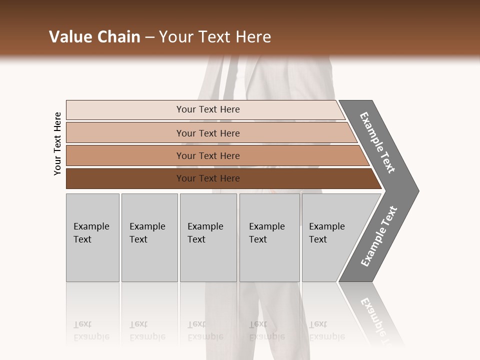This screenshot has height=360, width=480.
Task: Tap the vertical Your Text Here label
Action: [57, 143]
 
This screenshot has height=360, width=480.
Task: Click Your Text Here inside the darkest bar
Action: [208, 178]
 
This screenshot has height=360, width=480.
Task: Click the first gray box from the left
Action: [92, 237]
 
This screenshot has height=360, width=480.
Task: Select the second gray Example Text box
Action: [149, 237]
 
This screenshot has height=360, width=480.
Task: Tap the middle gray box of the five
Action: [208, 237]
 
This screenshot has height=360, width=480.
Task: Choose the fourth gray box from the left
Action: [269, 237]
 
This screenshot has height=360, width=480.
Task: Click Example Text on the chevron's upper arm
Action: [378, 142]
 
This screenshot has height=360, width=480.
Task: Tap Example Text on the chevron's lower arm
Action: [378, 236]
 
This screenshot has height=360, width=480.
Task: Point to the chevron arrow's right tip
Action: [417, 190]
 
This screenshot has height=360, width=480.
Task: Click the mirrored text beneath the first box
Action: [91, 330]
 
